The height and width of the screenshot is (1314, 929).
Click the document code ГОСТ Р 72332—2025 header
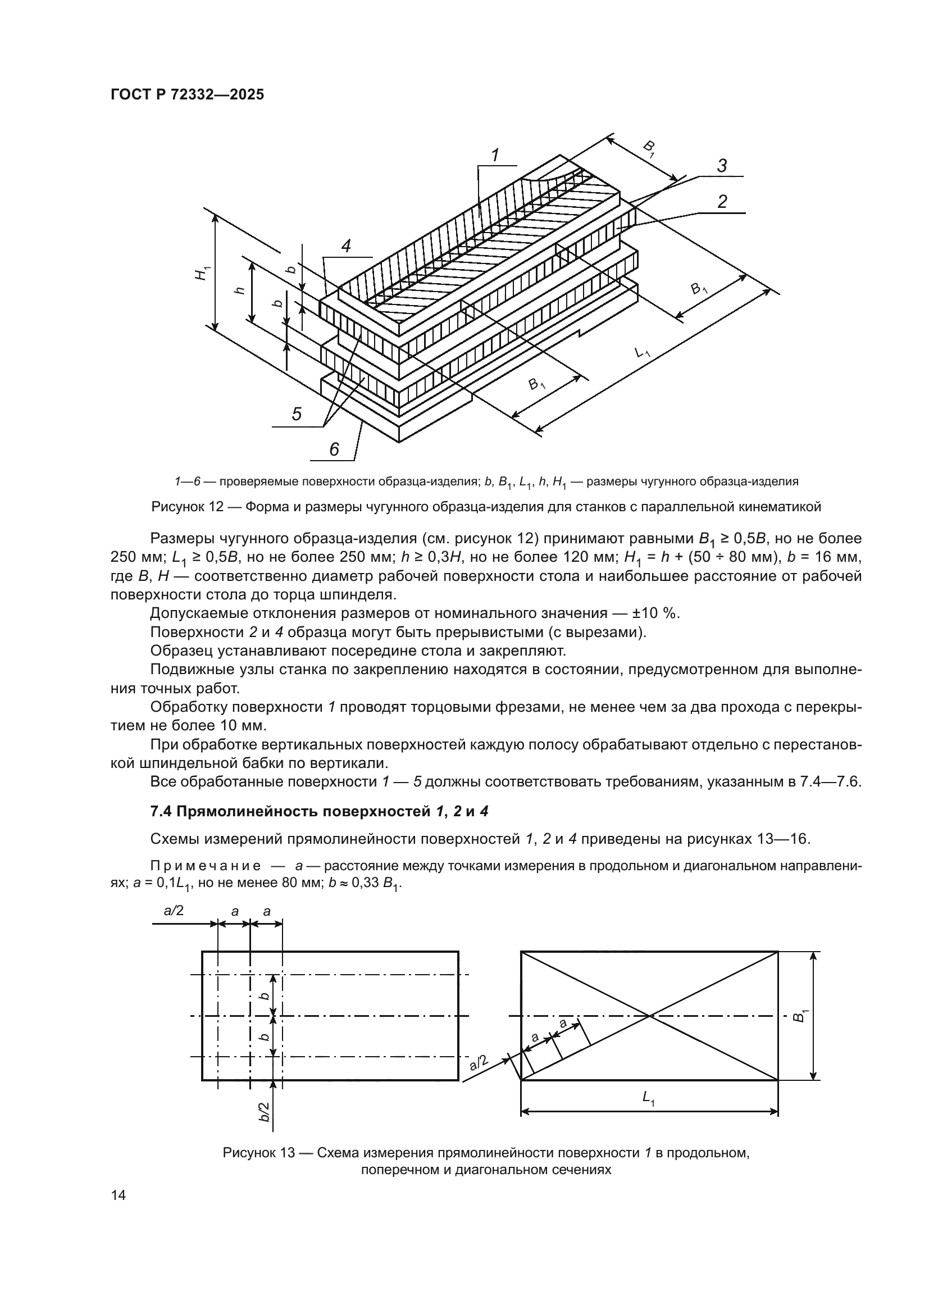tap(187, 95)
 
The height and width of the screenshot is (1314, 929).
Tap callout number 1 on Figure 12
tap(495, 155)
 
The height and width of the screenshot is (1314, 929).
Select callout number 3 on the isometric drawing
tap(722, 166)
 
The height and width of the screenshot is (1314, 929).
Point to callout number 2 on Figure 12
tap(722, 202)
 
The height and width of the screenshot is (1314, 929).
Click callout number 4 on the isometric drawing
tap(345, 246)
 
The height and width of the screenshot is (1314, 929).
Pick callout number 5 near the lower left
tap(297, 413)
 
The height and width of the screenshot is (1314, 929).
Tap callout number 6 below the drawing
tap(334, 449)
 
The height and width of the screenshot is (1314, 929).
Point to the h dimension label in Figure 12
tap(240, 290)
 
